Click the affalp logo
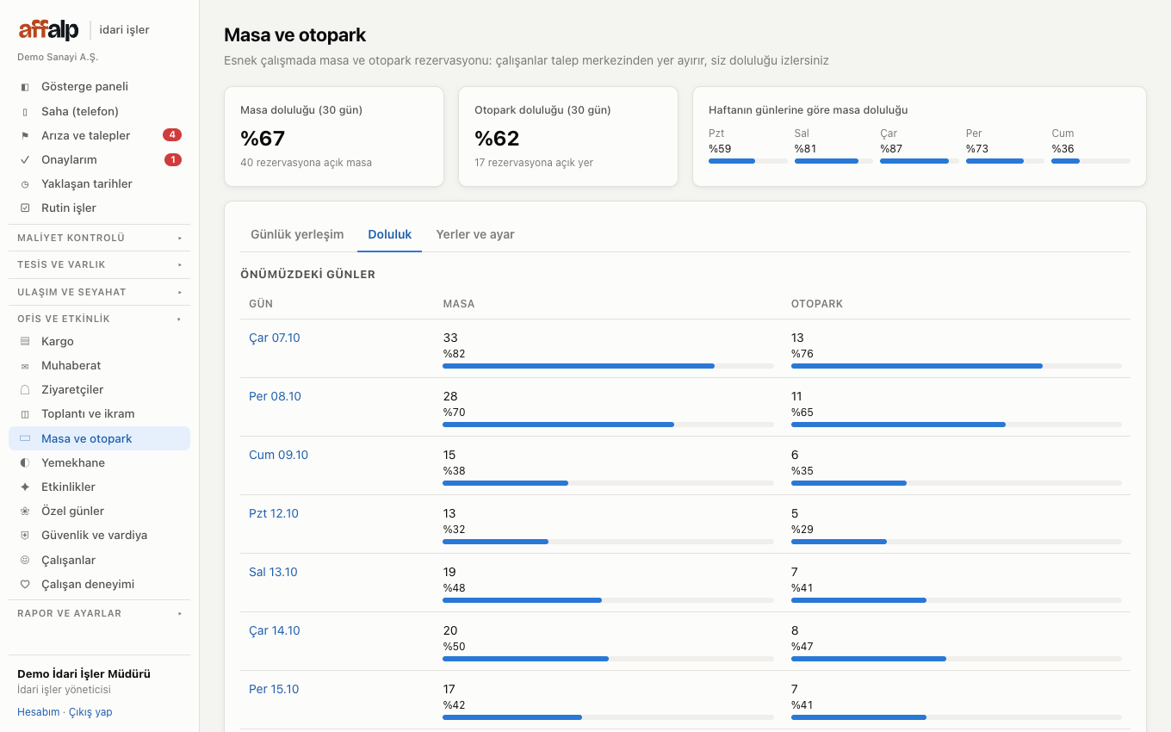pos(48,29)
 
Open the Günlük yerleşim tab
pos(297,234)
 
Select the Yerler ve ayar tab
pos(475,234)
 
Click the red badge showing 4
pos(172,135)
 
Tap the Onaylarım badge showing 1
pos(173,159)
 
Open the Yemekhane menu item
pos(73,462)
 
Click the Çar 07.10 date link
pos(275,338)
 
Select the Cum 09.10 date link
pos(278,455)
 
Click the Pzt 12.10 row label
pos(274,513)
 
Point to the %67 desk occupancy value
pos(263,139)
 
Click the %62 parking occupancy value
pos(497,139)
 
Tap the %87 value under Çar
pos(891,148)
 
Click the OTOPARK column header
pos(816,304)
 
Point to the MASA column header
pos(458,304)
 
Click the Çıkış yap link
pos(90,711)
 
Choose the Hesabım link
pos(38,711)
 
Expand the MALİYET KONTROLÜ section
pos(99,238)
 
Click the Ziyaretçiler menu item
pos(72,389)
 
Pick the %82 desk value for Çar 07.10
pos(454,353)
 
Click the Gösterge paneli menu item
pos(84,86)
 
